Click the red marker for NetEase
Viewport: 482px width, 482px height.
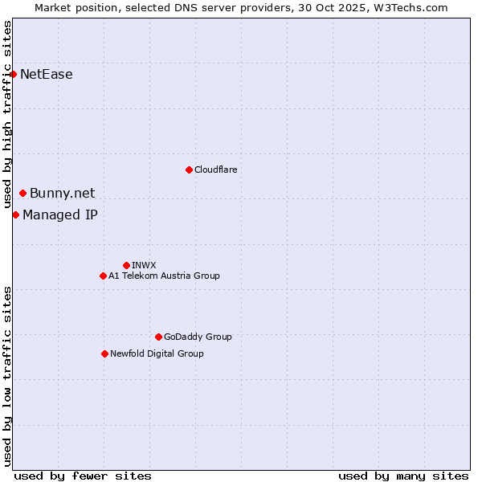pyautogui.click(x=13, y=75)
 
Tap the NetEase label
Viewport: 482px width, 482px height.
pyautogui.click(x=47, y=75)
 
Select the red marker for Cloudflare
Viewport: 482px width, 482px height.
pyautogui.click(x=189, y=170)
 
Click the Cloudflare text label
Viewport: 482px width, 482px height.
pyautogui.click(x=215, y=170)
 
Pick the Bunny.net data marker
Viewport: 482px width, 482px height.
pyautogui.click(x=22, y=193)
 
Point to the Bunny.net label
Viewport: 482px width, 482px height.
pyautogui.click(x=63, y=193)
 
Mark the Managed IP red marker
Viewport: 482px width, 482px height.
pyautogui.click(x=15, y=214)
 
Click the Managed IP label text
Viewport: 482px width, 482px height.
pyautogui.click(x=60, y=214)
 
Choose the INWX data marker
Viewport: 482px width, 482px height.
pyautogui.click(x=126, y=265)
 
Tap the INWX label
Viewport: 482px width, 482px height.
pyautogui.click(x=144, y=265)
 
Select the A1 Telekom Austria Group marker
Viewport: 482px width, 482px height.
pyautogui.click(x=103, y=276)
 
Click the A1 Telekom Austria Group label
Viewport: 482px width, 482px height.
pyautogui.click(x=164, y=276)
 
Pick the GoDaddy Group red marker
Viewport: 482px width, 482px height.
pyautogui.click(x=158, y=337)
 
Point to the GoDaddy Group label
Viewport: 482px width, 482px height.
pyautogui.click(x=198, y=337)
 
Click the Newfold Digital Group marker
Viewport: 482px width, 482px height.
pyautogui.click(x=104, y=353)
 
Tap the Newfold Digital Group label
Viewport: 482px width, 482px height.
pyautogui.click(x=157, y=353)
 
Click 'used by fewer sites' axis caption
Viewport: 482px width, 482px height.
pyautogui.click(x=83, y=476)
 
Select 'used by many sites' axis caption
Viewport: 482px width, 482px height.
pyautogui.click(x=403, y=476)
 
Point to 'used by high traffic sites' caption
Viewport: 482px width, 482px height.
pyautogui.click(x=8, y=115)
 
